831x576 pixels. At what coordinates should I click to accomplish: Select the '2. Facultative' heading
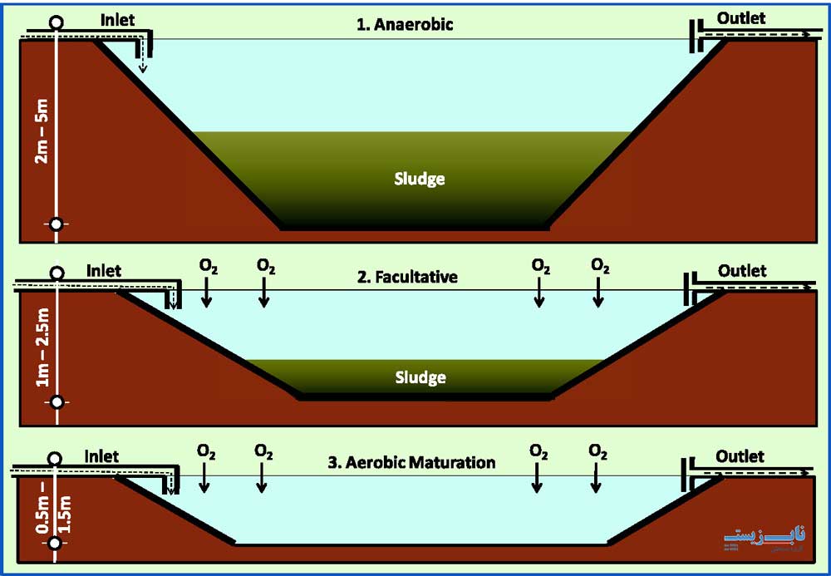pos(407,277)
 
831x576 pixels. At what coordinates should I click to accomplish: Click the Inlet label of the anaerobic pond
pos(117,19)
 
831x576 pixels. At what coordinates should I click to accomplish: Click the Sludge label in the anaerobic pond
pos(420,178)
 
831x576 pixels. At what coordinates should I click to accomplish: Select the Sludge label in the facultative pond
pos(420,377)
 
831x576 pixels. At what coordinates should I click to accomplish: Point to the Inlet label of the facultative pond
pos(103,271)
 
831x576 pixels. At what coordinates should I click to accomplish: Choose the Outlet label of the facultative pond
pos(742,271)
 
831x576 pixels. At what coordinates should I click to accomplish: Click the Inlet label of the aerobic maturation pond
pos(101,456)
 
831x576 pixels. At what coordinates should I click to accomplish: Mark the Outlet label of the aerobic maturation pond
pos(740,456)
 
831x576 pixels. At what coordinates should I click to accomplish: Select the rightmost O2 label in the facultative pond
pos(599,267)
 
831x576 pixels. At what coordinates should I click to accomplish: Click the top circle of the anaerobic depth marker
pos(57,22)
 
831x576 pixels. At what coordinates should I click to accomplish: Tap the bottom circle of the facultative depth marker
pos(57,402)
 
